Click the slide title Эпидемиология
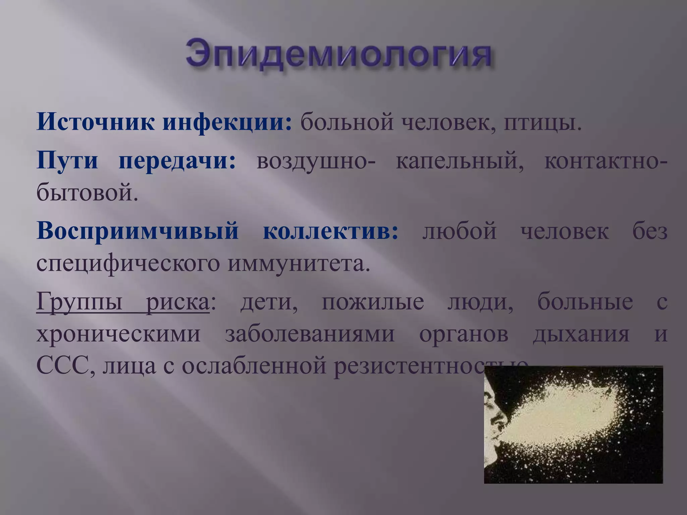pos(339,54)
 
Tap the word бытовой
pos(87,193)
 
